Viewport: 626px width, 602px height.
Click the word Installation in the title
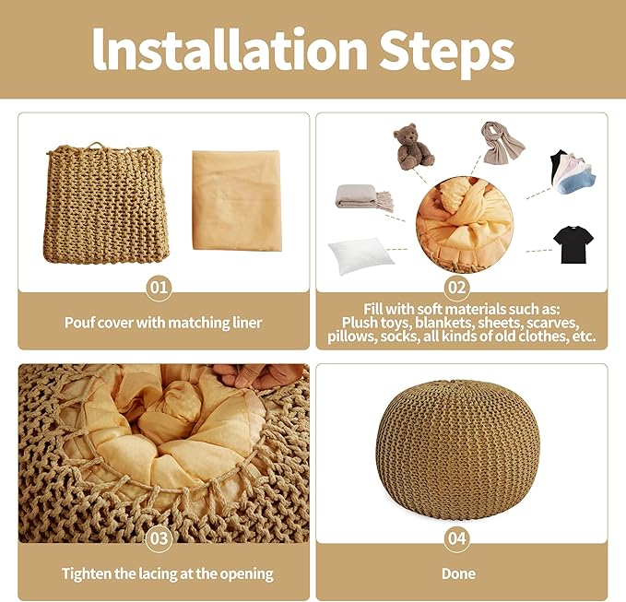[x=230, y=50]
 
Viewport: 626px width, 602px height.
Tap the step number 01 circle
[x=159, y=287]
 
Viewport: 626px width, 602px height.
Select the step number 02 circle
[x=456, y=287]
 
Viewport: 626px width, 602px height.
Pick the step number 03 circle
[x=159, y=538]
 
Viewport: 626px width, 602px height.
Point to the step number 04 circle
[x=456, y=538]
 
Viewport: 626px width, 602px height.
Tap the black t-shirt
[x=573, y=244]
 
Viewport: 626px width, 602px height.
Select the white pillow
[x=360, y=254]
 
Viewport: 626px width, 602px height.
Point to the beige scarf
[x=502, y=143]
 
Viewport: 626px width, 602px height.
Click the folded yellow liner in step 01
[x=237, y=200]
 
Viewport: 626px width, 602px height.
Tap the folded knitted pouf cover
[x=105, y=203]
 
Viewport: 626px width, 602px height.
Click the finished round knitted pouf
[x=457, y=449]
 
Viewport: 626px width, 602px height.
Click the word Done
[x=458, y=573]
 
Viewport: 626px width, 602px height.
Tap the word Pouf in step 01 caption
[x=78, y=323]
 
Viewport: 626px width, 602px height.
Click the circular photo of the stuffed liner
[x=465, y=224]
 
